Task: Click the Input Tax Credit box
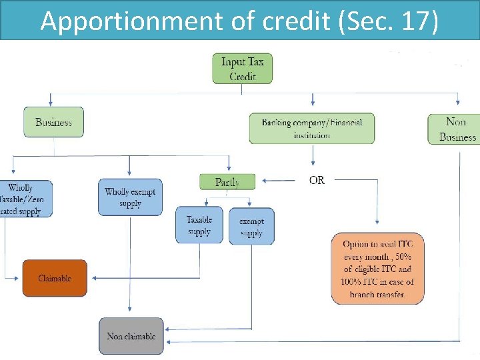click(242, 68)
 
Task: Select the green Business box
click(53, 123)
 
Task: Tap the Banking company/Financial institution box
click(311, 128)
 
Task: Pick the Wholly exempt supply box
click(130, 197)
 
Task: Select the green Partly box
click(227, 181)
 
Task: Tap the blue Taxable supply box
click(199, 225)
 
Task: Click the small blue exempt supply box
click(251, 227)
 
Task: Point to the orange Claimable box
click(55, 278)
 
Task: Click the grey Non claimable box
click(131, 336)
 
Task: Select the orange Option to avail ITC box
click(377, 269)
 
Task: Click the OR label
click(317, 180)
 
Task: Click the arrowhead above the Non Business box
click(458, 102)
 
